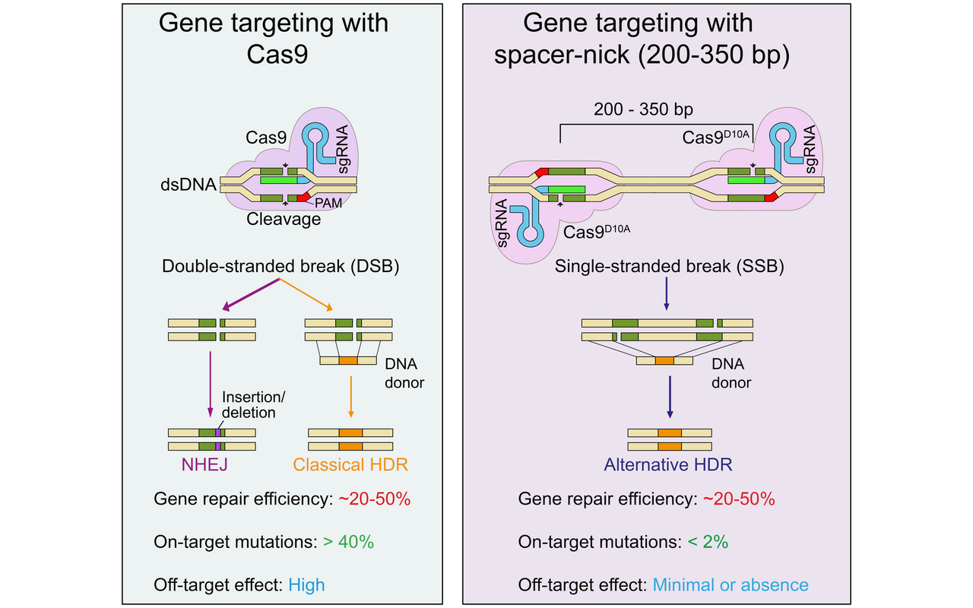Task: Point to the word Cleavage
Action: (x=284, y=219)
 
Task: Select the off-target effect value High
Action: (x=306, y=584)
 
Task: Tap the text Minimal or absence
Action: (x=731, y=584)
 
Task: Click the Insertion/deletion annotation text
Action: (x=248, y=405)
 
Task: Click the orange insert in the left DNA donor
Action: (x=348, y=361)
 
